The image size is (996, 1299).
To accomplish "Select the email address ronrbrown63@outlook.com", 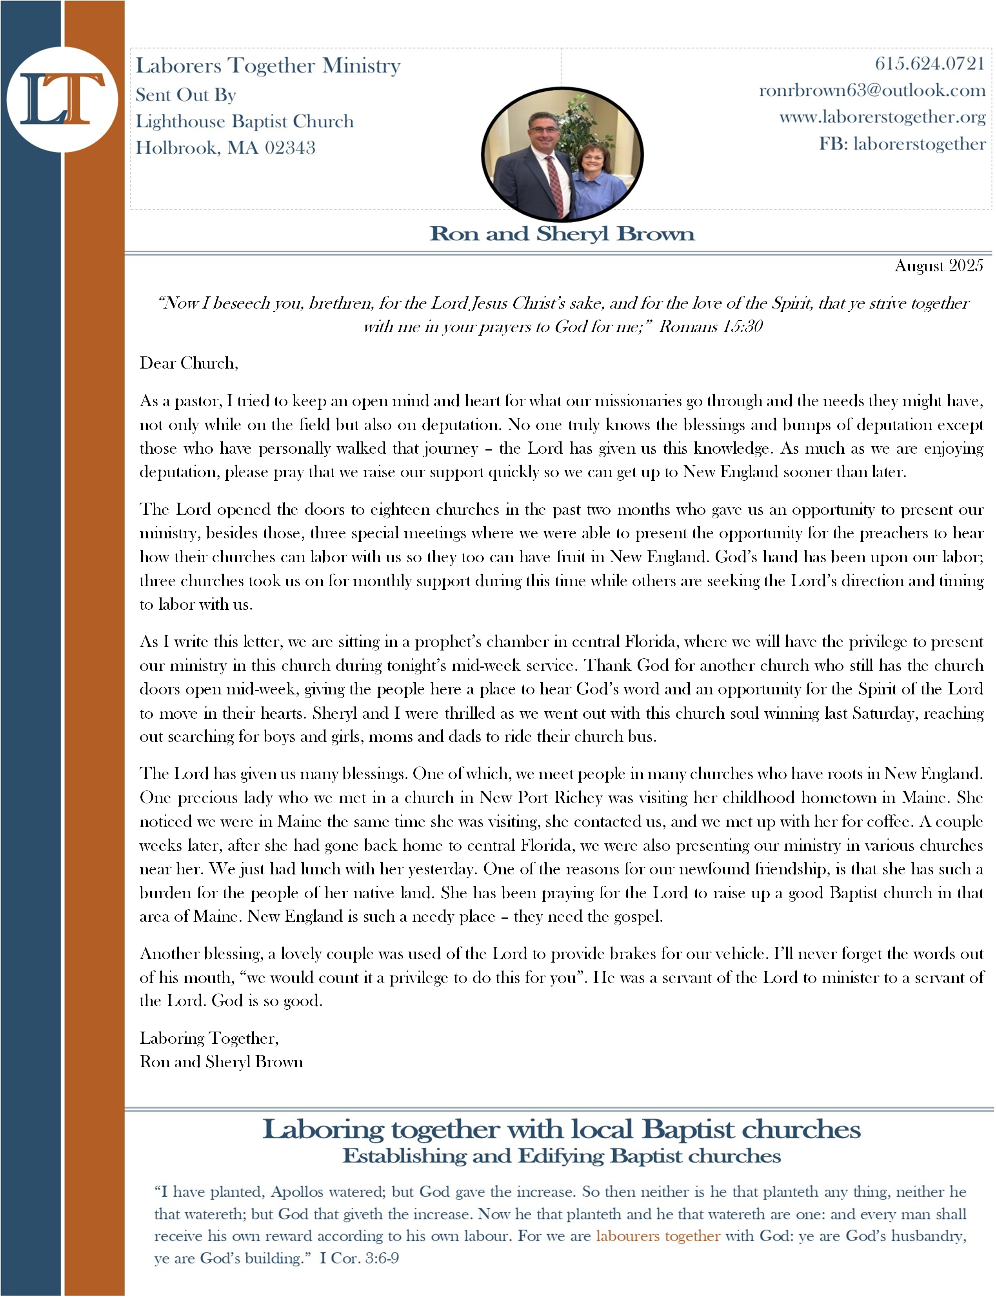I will [x=872, y=90].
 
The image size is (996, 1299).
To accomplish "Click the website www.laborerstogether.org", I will [x=882, y=117].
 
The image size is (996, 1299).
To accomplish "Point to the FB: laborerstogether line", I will [x=902, y=144].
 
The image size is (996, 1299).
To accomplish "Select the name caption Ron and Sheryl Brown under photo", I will [x=562, y=234].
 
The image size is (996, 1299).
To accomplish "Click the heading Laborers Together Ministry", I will [x=268, y=65].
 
